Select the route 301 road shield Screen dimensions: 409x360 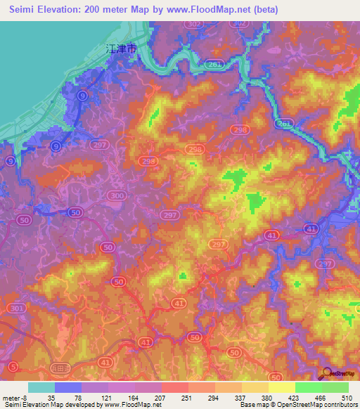(15, 309)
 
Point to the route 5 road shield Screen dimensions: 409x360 (13, 366)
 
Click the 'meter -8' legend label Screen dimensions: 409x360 (15, 397)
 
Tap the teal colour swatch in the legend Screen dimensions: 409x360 (41, 387)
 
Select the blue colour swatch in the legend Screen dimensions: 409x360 (67, 387)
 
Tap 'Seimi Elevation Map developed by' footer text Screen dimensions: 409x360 (52, 405)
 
